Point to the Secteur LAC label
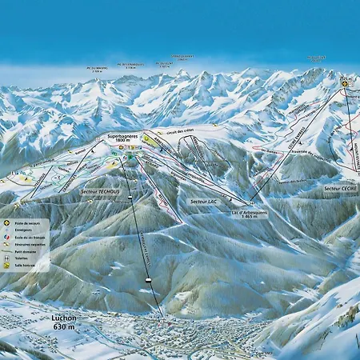(206, 200)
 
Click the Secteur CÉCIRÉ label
(341, 188)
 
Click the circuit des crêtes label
(176, 130)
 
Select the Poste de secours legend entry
(27, 222)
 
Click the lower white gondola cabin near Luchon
(149, 279)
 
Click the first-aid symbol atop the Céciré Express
(344, 82)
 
